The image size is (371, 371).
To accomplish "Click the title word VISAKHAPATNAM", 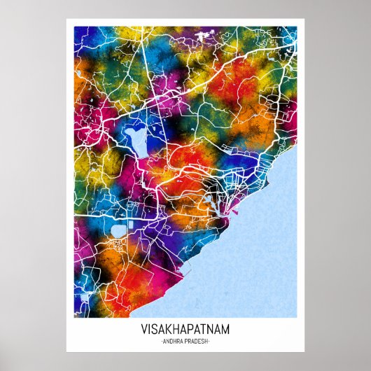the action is point(185,328).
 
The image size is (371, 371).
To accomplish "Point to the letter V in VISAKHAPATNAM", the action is point(143,328).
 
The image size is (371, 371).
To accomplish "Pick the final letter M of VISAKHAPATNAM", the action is point(226,328).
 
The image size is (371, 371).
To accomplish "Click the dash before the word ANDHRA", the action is point(162,341).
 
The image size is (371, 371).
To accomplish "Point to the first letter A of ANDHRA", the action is point(166,341).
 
